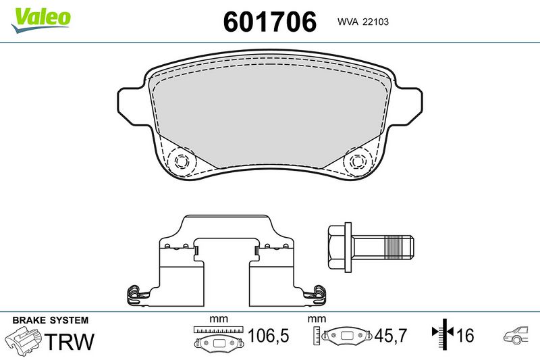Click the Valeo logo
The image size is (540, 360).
40,20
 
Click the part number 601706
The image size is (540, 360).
269,22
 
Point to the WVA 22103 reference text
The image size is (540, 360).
363,22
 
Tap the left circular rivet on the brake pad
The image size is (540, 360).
181,161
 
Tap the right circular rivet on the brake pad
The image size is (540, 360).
358,161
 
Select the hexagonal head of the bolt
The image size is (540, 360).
340,247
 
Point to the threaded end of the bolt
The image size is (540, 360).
398,247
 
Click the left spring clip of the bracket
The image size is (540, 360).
137,295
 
